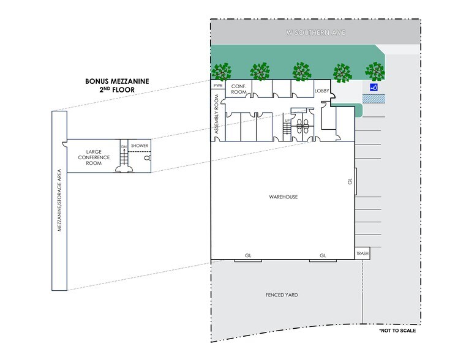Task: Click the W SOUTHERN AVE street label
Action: [315, 32]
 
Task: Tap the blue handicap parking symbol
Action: [374, 87]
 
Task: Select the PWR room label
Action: [218, 86]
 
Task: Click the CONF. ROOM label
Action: [239, 89]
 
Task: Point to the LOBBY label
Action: [322, 91]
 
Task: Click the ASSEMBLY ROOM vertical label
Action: [216, 114]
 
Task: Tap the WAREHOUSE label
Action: [284, 197]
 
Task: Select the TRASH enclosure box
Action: [363, 253]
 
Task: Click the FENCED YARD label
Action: [282, 295]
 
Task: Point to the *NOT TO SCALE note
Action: [397, 331]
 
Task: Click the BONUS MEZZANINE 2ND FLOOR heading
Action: [117, 86]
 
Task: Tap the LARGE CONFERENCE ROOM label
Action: [94, 157]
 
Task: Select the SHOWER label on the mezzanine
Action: [140, 146]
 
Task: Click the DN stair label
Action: [124, 147]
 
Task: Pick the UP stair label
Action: [287, 120]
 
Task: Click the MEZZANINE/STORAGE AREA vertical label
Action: [59, 200]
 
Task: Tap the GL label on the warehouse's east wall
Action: [350, 181]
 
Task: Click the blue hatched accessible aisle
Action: [374, 99]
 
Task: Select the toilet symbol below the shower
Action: [148, 158]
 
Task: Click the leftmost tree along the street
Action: [222, 71]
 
